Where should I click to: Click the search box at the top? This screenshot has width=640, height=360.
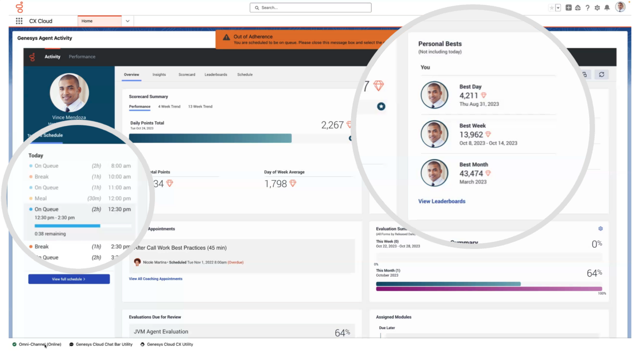[310, 8]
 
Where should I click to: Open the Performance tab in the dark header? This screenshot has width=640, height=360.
[82, 57]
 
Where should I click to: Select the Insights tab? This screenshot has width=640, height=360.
[159, 75]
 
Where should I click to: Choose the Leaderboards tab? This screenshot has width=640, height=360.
[216, 75]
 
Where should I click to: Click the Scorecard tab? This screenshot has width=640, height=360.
[187, 75]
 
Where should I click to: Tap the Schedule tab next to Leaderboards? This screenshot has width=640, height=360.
[245, 75]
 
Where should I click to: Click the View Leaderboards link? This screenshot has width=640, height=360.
[441, 201]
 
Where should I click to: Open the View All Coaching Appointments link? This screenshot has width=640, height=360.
[155, 279]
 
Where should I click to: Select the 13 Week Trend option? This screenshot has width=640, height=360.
[200, 107]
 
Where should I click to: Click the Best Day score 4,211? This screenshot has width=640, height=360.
[469, 95]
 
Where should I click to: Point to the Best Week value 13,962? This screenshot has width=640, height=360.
[471, 135]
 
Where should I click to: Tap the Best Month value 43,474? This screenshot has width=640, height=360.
[471, 174]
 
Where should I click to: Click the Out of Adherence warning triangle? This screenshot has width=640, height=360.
[227, 38]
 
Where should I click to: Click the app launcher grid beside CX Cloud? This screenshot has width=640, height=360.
[19, 21]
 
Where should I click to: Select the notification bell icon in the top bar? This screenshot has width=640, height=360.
[606, 8]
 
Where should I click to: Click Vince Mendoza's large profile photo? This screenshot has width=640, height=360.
[69, 93]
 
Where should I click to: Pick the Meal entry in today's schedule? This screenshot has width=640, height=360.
[41, 199]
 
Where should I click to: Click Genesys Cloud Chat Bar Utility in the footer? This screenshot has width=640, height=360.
[104, 344]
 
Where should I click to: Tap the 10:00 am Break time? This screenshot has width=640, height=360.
[120, 177]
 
